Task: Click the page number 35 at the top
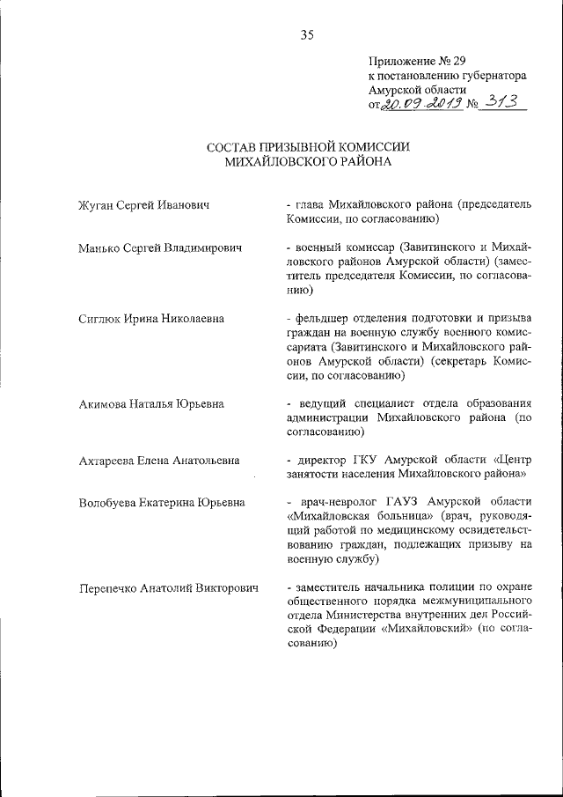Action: [x=306, y=35]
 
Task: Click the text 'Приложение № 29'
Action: [x=416, y=62]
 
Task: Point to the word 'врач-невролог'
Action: [x=331, y=502]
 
